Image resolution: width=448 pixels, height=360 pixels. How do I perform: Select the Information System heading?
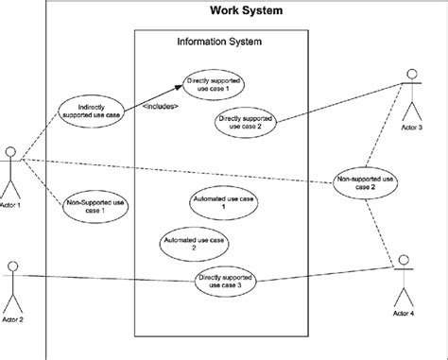click(x=219, y=43)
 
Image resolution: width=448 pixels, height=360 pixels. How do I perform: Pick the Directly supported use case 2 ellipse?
click(x=245, y=124)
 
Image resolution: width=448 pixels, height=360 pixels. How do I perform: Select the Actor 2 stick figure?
click(x=12, y=285)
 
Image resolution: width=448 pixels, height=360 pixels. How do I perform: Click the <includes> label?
click(x=160, y=107)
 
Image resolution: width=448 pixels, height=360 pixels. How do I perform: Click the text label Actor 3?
click(x=413, y=127)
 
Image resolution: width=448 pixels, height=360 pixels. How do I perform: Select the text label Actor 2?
click(x=12, y=320)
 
